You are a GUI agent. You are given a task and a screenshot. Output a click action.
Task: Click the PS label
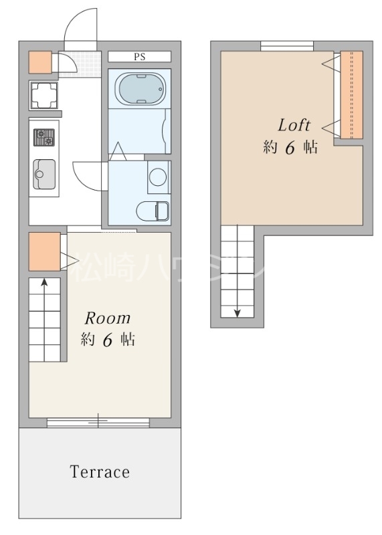[x=140, y=57]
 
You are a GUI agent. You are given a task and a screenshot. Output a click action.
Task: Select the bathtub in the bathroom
[x=140, y=89]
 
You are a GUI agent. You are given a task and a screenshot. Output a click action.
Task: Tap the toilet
[x=153, y=211]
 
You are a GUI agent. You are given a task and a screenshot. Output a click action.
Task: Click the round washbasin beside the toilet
[x=158, y=177]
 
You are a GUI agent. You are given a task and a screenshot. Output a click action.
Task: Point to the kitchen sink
[x=44, y=174]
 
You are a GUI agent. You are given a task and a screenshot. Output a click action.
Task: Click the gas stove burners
[x=44, y=137]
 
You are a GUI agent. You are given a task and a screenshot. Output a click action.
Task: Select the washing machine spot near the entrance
[x=43, y=96]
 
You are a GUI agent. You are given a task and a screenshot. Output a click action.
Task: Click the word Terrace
[x=100, y=472]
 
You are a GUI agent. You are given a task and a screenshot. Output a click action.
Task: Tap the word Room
[x=108, y=318]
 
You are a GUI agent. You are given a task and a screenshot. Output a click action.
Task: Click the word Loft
[x=294, y=125]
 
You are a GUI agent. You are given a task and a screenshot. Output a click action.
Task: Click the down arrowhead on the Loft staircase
[x=237, y=313]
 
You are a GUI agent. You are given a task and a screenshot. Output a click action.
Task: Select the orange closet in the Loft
[x=352, y=95]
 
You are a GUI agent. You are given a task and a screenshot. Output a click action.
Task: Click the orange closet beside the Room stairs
[x=45, y=252]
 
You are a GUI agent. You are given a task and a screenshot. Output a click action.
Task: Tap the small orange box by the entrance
[x=40, y=62]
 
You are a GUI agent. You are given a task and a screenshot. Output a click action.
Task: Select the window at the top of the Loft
[x=287, y=46]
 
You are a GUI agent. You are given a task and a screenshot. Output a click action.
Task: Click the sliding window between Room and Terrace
[x=98, y=423]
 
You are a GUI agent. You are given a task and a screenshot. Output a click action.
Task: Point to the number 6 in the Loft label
[x=290, y=148]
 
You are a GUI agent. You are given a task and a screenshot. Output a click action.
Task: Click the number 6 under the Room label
[x=108, y=340]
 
